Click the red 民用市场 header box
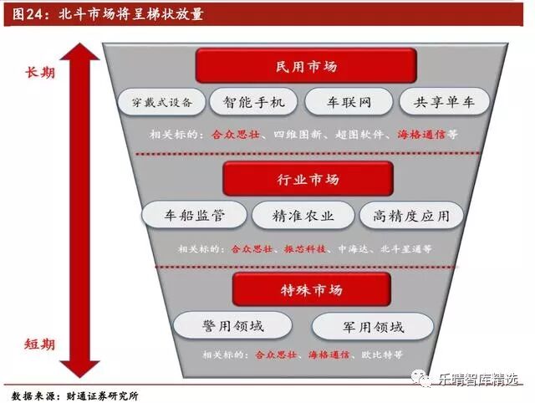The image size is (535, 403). [306, 65]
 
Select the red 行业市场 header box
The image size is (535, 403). [308, 179]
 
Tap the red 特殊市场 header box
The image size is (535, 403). [311, 289]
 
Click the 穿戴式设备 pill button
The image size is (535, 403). [161, 102]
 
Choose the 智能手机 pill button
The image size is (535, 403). [254, 102]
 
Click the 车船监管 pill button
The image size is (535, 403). [195, 215]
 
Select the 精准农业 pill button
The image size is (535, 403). [303, 215]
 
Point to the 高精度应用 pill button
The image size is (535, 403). [411, 215]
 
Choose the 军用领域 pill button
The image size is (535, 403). [373, 326]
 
